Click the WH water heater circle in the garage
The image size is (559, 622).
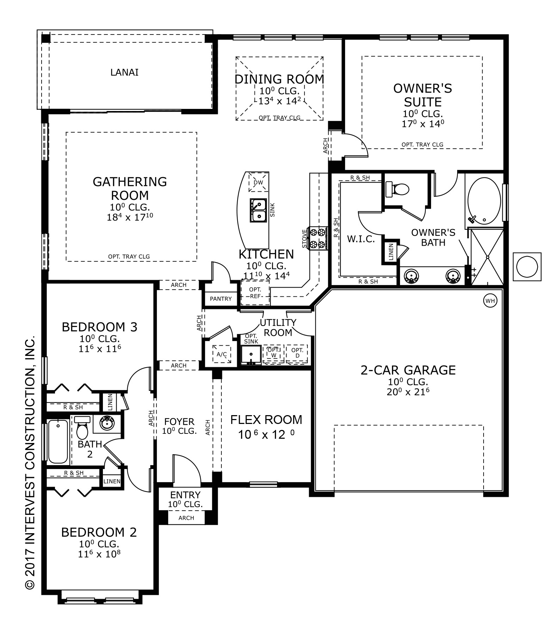click(490, 301)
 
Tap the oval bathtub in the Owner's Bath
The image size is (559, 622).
click(484, 202)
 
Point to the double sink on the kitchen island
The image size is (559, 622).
click(258, 210)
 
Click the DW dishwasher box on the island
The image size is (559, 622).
click(258, 182)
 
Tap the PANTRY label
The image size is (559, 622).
click(221, 299)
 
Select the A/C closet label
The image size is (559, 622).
click(222, 354)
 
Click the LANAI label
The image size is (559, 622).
click(124, 72)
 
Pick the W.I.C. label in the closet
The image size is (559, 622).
click(361, 239)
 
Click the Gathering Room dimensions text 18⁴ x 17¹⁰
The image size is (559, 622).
click(130, 217)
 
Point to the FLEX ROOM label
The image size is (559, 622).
click(266, 420)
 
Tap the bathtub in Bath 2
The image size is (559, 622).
click(58, 442)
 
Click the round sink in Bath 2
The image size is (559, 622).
click(106, 423)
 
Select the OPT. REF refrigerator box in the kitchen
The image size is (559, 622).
click(255, 292)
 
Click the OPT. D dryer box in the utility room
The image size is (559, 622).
click(297, 353)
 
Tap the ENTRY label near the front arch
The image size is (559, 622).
click(185, 495)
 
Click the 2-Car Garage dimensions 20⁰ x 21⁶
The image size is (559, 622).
click(408, 392)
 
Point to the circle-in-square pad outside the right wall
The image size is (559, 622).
click(527, 267)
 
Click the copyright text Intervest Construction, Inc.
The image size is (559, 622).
click(30, 462)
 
